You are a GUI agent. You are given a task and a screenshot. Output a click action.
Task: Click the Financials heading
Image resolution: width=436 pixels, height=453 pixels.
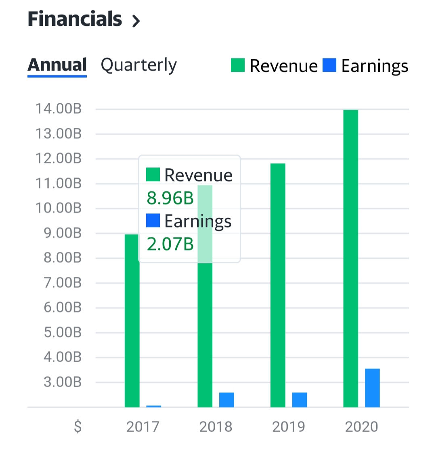[x=75, y=19]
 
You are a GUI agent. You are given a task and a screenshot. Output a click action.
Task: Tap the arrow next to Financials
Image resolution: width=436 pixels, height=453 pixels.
[x=136, y=21]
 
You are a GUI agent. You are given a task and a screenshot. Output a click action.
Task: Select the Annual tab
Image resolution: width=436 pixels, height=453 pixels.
[x=57, y=65]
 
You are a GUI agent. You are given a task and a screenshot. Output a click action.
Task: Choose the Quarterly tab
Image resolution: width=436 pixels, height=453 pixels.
[x=138, y=65]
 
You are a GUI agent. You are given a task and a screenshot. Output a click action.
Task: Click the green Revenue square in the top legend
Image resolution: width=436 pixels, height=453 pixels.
[x=238, y=65]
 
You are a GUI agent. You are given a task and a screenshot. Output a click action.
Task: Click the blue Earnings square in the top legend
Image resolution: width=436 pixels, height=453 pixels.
[x=329, y=65]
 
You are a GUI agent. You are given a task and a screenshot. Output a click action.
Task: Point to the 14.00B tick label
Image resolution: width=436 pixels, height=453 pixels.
[x=59, y=109]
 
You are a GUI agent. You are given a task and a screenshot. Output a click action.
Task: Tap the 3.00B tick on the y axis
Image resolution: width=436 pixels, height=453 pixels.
[x=63, y=382]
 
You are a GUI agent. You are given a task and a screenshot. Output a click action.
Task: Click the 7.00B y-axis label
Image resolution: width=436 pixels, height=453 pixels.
[x=63, y=283]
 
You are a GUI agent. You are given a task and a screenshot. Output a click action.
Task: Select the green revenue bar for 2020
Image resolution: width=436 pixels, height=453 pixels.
[x=350, y=258]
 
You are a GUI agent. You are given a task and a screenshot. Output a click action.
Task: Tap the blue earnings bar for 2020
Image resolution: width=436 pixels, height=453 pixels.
[x=372, y=388]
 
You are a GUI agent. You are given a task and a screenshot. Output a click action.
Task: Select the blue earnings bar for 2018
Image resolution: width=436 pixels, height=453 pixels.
[x=226, y=399]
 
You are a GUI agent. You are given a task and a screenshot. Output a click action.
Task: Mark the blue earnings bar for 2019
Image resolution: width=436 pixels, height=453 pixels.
[x=299, y=399]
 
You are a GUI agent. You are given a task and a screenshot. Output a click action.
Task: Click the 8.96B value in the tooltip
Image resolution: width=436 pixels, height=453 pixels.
[x=170, y=198]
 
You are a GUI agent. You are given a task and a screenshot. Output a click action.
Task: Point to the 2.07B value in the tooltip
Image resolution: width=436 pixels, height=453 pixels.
[x=170, y=244]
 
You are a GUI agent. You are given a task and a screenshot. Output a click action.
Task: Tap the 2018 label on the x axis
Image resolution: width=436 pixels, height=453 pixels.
[x=216, y=426]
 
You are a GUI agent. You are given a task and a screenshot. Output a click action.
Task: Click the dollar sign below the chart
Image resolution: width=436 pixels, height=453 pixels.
[x=78, y=426]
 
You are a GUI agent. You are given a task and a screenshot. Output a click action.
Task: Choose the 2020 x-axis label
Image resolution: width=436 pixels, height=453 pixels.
[x=361, y=426]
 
